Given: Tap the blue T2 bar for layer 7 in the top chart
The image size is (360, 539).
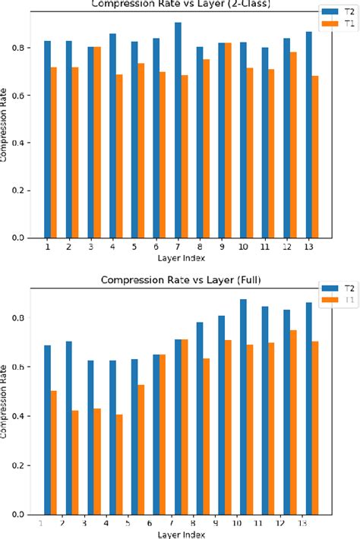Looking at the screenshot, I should (x=177, y=130).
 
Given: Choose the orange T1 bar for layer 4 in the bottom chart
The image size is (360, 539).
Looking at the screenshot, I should (x=119, y=464).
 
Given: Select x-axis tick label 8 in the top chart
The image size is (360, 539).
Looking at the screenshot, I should (x=199, y=247).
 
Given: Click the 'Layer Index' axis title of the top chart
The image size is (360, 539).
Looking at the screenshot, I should (x=181, y=259).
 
